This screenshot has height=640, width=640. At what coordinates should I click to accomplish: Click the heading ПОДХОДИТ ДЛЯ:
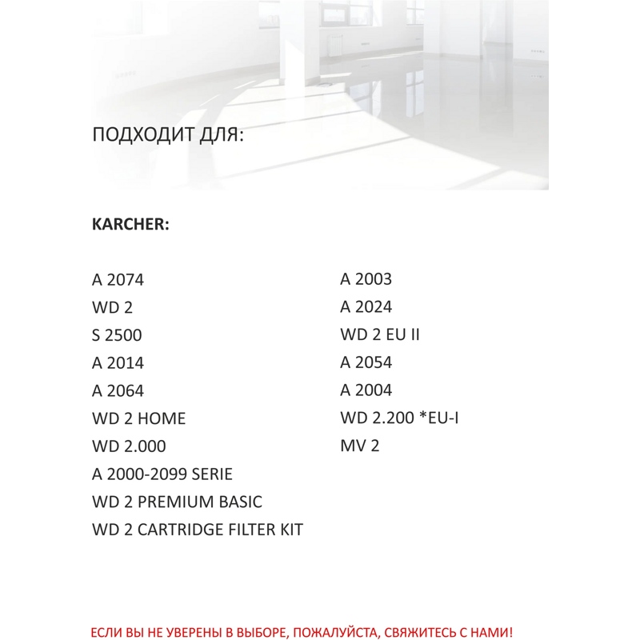[168, 134]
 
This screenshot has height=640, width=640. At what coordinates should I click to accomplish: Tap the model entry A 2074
[118, 280]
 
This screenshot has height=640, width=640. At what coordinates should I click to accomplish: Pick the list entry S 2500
[117, 335]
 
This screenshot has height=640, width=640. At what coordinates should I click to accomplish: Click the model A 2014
[118, 363]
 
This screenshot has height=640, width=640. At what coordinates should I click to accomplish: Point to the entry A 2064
[118, 391]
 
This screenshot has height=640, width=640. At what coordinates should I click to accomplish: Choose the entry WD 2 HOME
[138, 418]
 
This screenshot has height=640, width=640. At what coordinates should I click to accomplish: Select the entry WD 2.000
[129, 446]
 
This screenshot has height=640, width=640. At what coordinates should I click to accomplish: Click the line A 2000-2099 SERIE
[162, 474]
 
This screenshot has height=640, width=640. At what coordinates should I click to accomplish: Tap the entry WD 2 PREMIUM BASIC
[177, 502]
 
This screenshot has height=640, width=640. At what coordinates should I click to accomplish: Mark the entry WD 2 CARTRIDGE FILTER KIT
[198, 530]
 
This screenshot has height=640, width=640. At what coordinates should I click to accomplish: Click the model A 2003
[366, 279]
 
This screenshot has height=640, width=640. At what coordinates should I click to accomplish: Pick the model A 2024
[366, 307]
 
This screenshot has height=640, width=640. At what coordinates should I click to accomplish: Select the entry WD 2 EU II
[380, 334]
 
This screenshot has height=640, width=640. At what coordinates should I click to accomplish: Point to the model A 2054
[366, 362]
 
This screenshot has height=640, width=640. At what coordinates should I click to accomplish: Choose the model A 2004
[366, 390]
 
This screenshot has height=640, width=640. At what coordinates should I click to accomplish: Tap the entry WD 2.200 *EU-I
[399, 418]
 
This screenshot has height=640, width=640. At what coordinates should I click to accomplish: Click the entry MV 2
[359, 446]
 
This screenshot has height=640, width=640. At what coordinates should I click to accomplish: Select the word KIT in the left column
[289, 530]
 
